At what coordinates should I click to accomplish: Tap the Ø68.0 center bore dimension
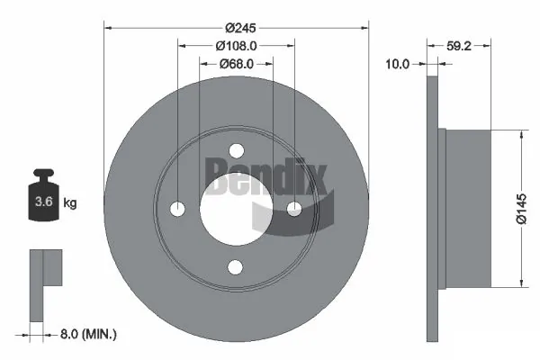[236, 64]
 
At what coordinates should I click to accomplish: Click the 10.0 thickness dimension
[397, 64]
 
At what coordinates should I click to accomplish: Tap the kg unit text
[70, 203]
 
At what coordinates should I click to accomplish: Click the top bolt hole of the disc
[237, 150]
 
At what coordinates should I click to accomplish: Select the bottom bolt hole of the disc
[237, 266]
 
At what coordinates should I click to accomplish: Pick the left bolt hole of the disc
[178, 209]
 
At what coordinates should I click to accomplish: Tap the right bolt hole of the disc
[295, 209]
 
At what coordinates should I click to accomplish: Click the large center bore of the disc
[236, 209]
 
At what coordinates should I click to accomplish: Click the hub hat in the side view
[467, 209]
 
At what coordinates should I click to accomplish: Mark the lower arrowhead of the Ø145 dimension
[521, 284]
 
